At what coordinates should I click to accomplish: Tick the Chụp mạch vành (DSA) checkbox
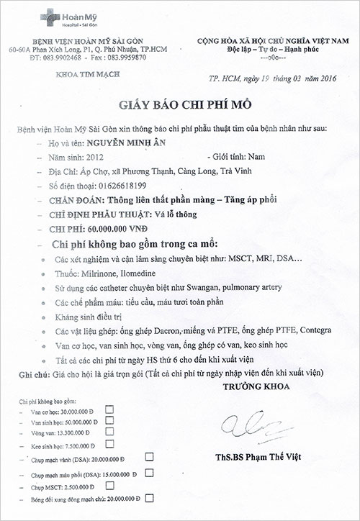[x=150, y=457]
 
